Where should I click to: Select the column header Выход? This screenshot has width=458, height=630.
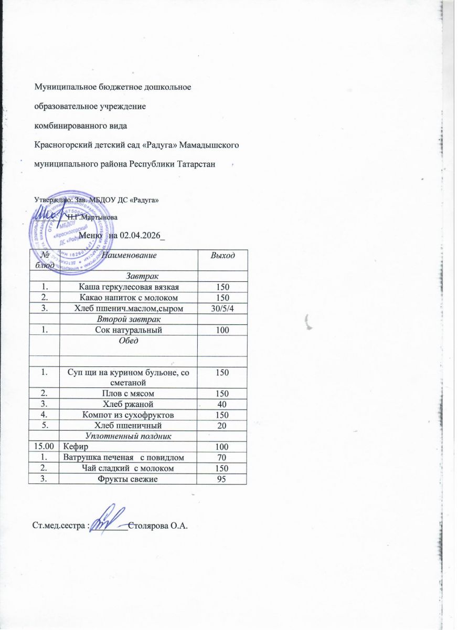pos(222,255)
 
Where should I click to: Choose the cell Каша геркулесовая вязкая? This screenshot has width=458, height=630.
pos(129,287)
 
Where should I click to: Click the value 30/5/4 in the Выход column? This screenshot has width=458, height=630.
pos(222,308)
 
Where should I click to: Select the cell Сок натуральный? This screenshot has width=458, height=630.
pos(129,330)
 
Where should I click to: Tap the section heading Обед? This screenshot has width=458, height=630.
pos(129,340)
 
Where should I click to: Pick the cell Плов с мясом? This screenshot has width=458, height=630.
pos(129,393)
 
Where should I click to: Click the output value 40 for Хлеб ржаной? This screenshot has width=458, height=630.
pos(222,404)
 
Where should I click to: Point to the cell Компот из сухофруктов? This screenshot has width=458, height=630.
pos(129,414)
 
